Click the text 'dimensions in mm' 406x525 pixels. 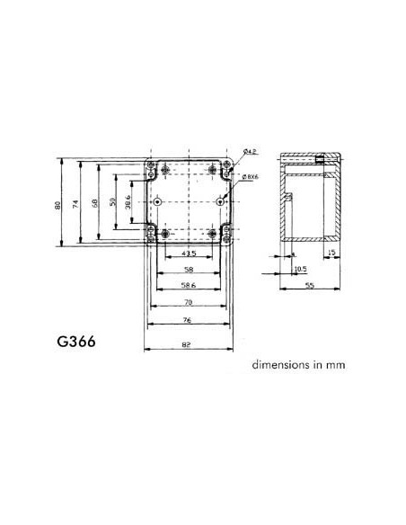coord(298,365)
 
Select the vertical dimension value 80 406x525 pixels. coord(57,206)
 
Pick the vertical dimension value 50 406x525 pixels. coord(111,204)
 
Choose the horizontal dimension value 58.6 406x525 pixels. coord(188,285)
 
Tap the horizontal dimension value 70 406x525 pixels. coord(188,302)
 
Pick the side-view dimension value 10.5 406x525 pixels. coord(300,268)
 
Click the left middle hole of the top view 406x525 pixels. coord(157,203)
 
